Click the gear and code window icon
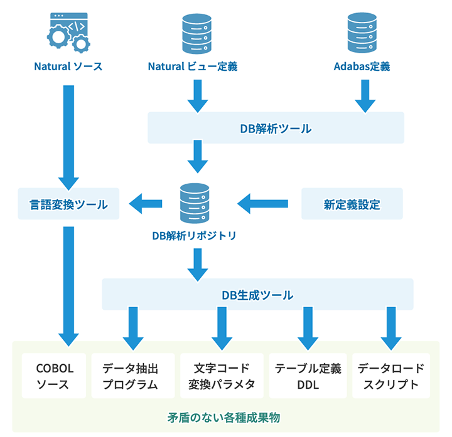pyautogui.click(x=68, y=32)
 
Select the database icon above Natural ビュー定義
pyautogui.click(x=196, y=32)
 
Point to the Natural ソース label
pyautogui.click(x=68, y=66)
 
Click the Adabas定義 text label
pyautogui.click(x=362, y=66)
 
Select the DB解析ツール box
pyautogui.click(x=275, y=128)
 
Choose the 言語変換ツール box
pyautogui.click(x=68, y=204)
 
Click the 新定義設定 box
pyautogui.click(x=352, y=204)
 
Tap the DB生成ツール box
pyautogui.click(x=257, y=294)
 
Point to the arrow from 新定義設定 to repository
pyautogui.click(x=262, y=203)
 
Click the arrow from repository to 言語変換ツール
pyautogui.click(x=146, y=203)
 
